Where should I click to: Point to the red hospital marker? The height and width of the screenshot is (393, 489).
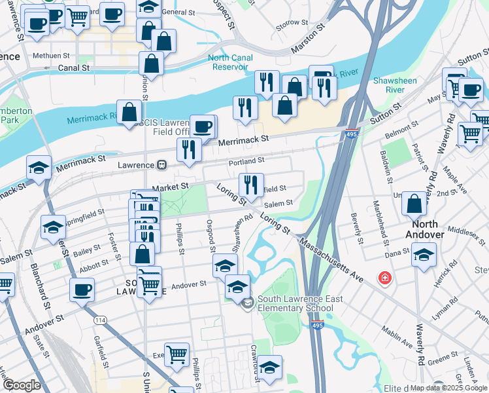pos(386,278)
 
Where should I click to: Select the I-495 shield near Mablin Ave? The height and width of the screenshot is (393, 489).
pos(318,325)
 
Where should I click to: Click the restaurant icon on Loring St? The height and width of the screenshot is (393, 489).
pos(252,184)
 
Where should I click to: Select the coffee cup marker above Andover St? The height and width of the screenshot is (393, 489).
pos(82,289)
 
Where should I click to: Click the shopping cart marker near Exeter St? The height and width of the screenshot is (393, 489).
pos(177,354)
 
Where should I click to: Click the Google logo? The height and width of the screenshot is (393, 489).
pos(21,385)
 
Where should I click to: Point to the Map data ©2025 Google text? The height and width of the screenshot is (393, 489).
pos(448,388)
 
